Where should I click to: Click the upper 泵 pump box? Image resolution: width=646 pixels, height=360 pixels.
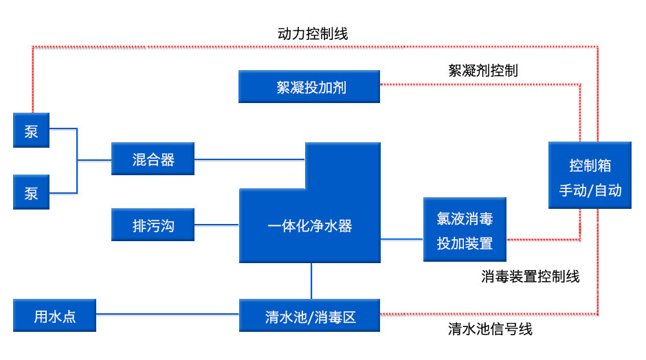click(31, 131)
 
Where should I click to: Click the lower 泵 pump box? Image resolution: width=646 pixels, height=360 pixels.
click(31, 192)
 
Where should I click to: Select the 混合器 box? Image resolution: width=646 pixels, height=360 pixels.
click(153, 159)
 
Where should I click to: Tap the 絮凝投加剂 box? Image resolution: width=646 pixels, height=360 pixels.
click(309, 87)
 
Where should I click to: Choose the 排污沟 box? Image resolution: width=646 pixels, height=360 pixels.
click(153, 225)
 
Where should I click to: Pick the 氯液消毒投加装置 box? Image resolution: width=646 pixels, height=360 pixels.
click(465, 229)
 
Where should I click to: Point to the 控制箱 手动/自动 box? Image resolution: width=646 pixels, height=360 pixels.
click(590, 175)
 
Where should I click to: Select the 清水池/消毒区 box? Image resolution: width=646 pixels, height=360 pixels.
click(309, 316)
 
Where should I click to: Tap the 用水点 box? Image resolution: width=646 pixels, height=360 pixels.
click(54, 316)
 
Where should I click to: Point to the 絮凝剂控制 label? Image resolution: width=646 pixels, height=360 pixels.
click(482, 70)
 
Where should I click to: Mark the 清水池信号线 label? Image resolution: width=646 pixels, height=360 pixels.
click(490, 329)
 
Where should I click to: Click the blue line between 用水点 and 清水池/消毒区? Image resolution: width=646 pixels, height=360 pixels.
click(167, 315)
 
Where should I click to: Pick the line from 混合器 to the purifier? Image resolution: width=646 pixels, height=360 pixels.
click(249, 159)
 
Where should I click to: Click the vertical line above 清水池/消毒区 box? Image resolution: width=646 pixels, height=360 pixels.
click(311, 281)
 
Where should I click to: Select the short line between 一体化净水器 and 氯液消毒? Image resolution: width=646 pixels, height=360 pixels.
click(401, 239)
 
